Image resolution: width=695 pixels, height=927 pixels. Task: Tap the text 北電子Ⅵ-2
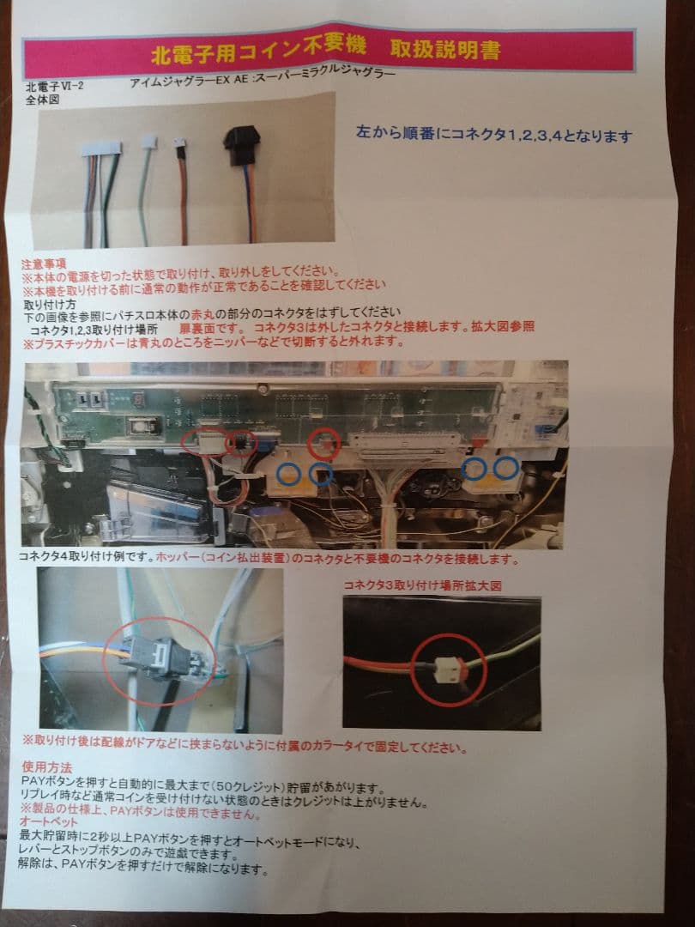55,87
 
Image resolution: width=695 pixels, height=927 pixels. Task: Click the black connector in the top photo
241,143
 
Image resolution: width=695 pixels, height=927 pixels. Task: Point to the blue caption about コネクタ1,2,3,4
494,136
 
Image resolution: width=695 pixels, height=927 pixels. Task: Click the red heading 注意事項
45,264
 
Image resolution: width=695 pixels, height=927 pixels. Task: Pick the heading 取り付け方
50,304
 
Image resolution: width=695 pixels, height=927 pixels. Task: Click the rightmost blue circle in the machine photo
506,468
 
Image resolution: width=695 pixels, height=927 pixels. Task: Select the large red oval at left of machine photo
204,441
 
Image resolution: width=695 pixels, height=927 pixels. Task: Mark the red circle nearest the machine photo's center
324,443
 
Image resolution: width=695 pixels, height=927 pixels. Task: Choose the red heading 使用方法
47,766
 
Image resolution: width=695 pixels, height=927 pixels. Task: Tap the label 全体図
43,100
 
